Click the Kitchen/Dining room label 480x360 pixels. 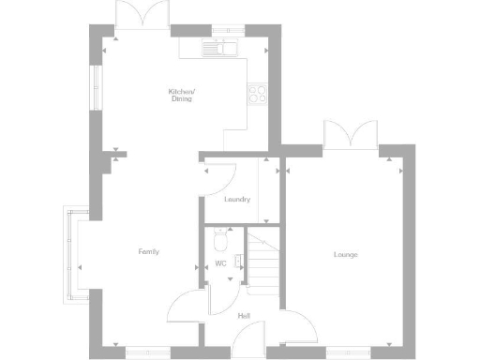pos(181,94)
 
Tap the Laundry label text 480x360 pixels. pos(237,199)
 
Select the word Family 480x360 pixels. pos(148,251)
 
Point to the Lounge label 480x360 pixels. pos(345,254)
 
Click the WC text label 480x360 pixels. pos(221,263)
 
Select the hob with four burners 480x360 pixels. pos(256,93)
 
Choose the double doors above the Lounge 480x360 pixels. pos(350,135)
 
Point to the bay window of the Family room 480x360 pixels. pos(70,253)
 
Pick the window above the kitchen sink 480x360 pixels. pos(226,33)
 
